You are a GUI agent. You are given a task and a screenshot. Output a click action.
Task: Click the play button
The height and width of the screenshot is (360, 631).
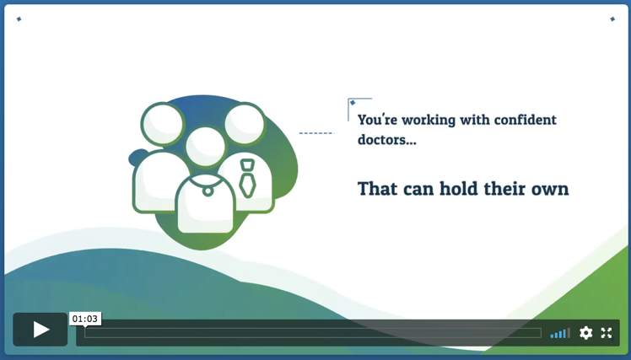pyautogui.click(x=40, y=330)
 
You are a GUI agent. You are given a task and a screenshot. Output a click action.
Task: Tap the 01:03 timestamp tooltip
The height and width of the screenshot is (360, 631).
pyautogui.click(x=85, y=319)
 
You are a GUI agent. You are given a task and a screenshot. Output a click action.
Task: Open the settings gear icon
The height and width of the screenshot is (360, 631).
pyautogui.click(x=586, y=333)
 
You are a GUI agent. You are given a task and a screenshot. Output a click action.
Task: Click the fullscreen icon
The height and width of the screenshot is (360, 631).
pyautogui.click(x=607, y=333)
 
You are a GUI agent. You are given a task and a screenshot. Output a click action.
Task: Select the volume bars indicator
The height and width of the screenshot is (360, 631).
pyautogui.click(x=560, y=333)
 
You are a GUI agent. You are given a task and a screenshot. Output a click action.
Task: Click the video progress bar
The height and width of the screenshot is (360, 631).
pyautogui.click(x=313, y=333)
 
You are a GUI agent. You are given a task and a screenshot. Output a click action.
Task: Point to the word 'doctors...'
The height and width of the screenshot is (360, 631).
pyautogui.click(x=386, y=140)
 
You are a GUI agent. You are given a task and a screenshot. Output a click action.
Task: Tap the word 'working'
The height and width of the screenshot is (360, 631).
pyautogui.click(x=429, y=121)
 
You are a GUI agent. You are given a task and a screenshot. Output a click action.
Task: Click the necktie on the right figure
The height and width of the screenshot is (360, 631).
pyautogui.click(x=247, y=179)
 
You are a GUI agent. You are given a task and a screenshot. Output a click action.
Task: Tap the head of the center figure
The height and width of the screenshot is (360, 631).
pyautogui.click(x=205, y=147)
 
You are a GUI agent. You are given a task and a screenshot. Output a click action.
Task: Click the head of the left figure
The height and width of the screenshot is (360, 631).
pyautogui.click(x=163, y=123)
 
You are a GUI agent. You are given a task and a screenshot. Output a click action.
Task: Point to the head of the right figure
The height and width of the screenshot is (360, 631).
pyautogui.click(x=245, y=123)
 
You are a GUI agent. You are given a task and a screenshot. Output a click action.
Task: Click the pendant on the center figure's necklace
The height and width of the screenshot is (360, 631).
pyautogui.click(x=208, y=191)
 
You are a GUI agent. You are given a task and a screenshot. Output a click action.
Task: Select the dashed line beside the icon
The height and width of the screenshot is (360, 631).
pyautogui.click(x=316, y=132)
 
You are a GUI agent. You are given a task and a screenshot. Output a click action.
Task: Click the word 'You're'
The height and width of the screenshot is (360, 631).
pyautogui.click(x=377, y=120)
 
